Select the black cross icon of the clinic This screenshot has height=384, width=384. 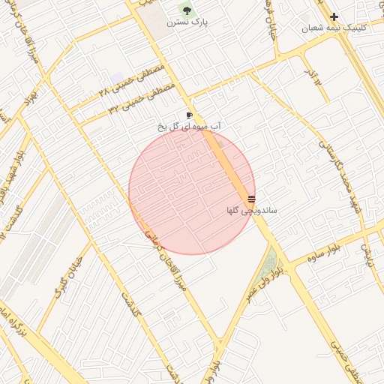click(x=334, y=16)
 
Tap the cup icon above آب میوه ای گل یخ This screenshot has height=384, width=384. click(x=189, y=115)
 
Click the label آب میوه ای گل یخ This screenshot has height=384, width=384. click(x=189, y=127)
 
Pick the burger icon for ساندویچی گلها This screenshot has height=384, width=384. click(x=250, y=200)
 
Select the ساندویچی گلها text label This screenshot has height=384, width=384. click(x=252, y=211)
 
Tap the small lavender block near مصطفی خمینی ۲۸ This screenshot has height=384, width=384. click(x=118, y=77)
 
